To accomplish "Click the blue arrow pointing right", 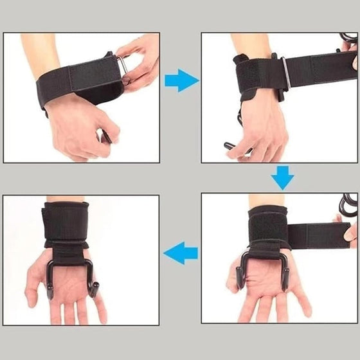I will coord(181,81).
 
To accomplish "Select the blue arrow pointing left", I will coord(181,253).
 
